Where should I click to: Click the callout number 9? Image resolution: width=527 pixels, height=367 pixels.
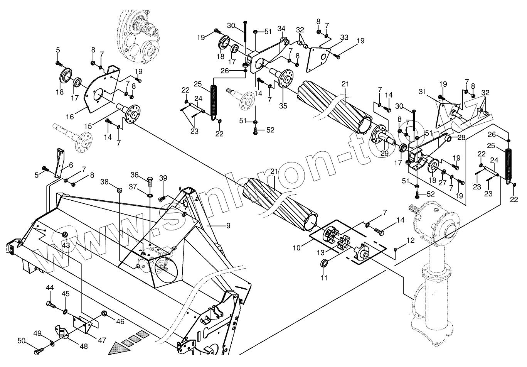point(228,226)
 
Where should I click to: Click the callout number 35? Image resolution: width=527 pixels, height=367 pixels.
point(283,106)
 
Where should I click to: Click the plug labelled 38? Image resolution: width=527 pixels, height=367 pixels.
point(119,189)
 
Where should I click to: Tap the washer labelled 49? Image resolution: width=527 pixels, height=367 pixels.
point(52,343)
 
